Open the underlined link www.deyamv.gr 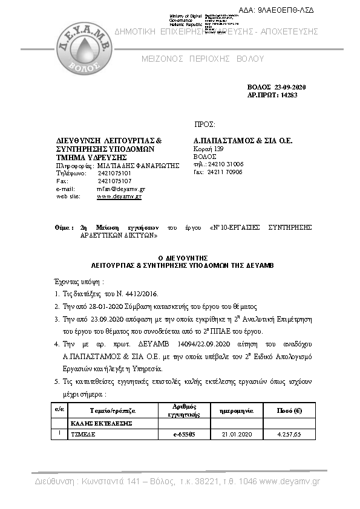point(119,196)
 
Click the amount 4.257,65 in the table point(289,433)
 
